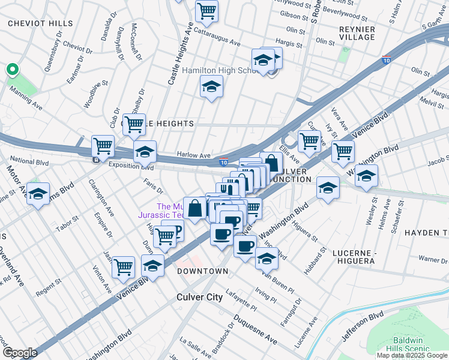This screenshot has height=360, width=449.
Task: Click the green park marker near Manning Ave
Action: (x=11, y=70)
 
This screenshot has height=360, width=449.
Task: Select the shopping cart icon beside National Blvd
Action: (x=103, y=146)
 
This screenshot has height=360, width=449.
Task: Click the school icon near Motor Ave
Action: (x=38, y=194)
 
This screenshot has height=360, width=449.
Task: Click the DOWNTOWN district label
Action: (x=203, y=271)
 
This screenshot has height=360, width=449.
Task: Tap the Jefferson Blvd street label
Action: (x=363, y=326)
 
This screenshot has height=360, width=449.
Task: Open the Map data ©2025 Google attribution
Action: (x=412, y=355)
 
